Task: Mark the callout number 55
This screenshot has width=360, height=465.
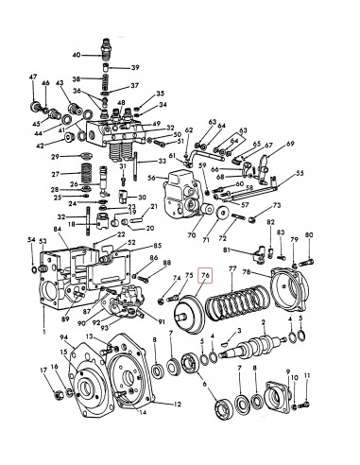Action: (300, 174)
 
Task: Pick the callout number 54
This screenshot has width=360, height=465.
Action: (31, 243)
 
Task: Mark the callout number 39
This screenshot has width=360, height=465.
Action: (135, 67)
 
